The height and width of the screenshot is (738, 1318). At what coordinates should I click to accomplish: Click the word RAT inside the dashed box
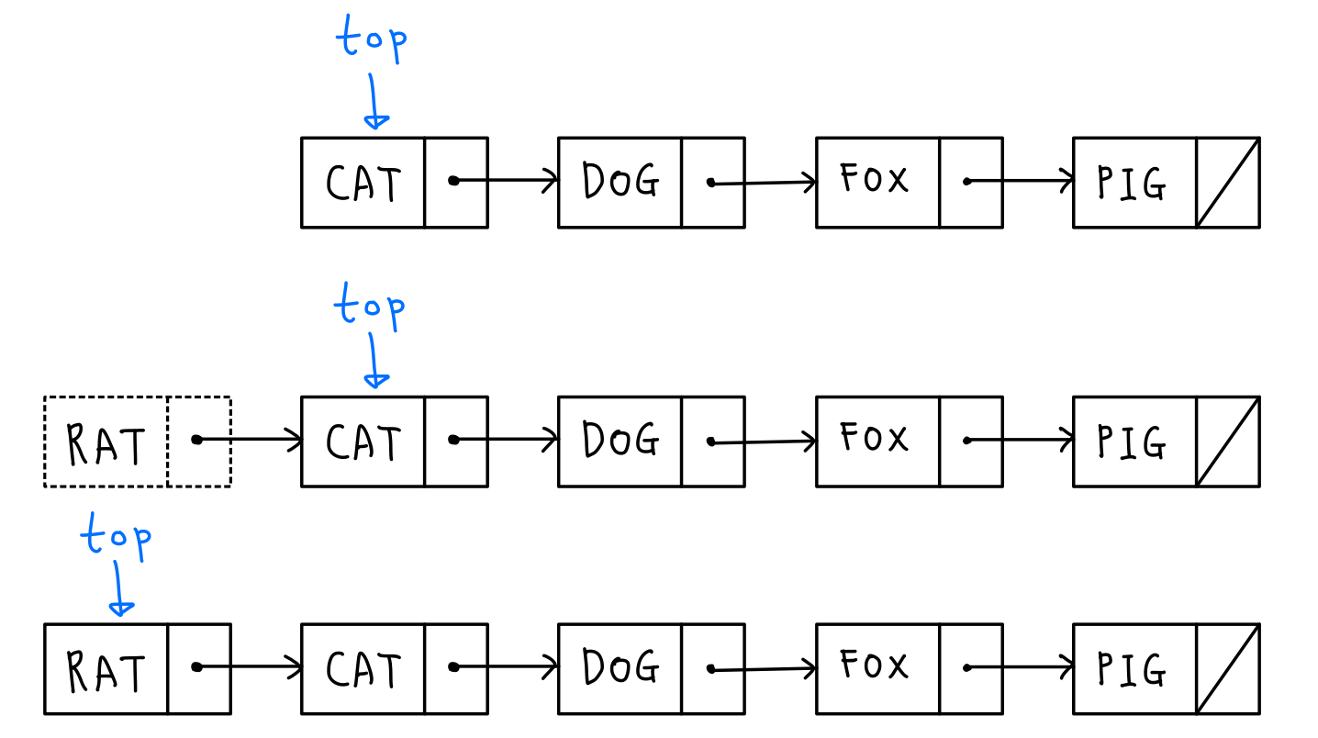coord(106,444)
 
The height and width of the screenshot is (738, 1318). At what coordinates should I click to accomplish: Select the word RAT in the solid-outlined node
coord(106,671)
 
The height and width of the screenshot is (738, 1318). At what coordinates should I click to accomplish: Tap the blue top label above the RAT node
coord(116,535)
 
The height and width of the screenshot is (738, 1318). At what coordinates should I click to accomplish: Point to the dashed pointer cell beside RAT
coord(199,441)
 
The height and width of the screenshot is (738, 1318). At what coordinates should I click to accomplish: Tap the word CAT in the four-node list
coord(363,184)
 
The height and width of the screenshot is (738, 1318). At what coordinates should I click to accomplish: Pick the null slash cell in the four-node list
coord(1228,182)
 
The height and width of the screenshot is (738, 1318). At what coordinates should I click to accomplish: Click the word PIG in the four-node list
coord(1132,184)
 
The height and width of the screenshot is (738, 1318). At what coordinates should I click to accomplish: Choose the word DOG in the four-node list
coord(620,182)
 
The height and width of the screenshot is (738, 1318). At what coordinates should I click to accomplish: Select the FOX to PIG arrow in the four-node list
coord(1021,181)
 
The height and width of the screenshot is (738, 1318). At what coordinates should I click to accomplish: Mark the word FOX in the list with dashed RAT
coord(875,438)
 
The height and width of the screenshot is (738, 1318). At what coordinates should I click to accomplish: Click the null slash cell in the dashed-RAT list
coord(1228,442)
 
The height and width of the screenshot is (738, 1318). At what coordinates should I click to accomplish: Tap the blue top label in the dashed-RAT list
coord(369,306)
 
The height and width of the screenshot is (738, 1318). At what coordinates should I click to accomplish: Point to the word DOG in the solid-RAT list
coord(620,667)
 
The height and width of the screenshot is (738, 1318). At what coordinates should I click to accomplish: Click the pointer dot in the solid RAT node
coord(196,667)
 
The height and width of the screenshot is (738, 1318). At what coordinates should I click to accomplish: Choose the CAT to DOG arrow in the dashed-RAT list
coord(507,440)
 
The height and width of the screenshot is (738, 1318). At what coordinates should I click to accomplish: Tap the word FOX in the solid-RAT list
coord(875,665)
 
